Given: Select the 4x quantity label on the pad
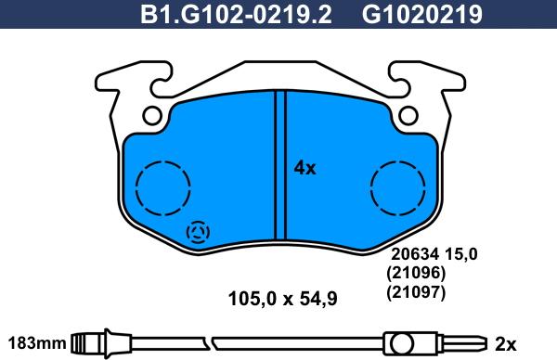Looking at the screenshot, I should [x=304, y=168].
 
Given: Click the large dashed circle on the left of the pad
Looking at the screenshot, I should [x=161, y=186].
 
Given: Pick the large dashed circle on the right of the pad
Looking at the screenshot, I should [x=396, y=186].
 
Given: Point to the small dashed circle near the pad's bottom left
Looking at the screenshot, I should [x=199, y=234].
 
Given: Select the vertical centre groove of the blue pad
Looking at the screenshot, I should [x=278, y=167].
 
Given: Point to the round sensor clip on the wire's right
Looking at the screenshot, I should [x=401, y=342].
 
